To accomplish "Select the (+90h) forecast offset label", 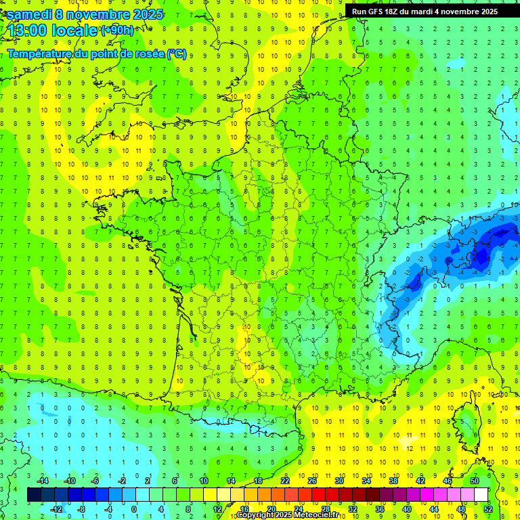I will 117,30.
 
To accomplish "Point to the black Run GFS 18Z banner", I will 425,11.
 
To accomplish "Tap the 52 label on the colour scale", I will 487,508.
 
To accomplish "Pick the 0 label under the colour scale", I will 133,508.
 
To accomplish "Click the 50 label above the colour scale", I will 474,480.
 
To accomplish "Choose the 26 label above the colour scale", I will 312,480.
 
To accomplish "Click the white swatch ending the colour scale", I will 481,494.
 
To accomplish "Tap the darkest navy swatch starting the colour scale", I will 34,494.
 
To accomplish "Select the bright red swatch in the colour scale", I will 318,494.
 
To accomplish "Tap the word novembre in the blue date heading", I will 97,14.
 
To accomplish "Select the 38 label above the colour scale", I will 393,480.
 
